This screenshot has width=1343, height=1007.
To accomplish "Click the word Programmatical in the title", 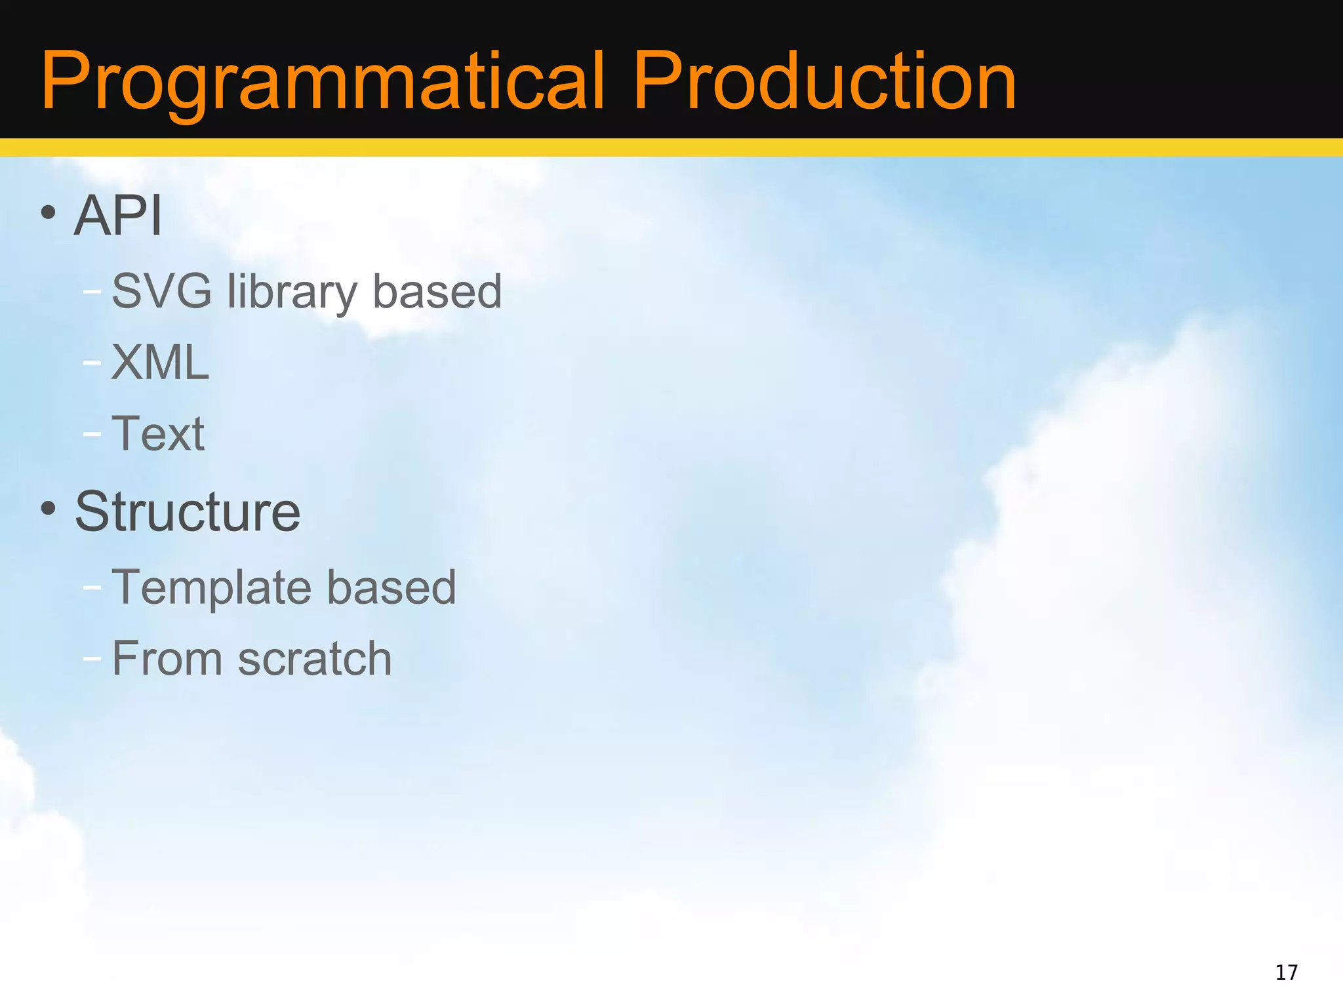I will pos(321,82).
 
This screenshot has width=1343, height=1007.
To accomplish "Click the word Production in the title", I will pos(824,82).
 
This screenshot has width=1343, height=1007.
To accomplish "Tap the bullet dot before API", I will pos(48,212).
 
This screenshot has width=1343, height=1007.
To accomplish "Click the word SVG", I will pos(161,290).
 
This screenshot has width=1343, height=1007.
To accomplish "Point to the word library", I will pos(291,292).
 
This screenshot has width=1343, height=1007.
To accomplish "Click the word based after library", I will pos(437,290).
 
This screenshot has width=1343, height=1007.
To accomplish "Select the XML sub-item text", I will pos(160,362).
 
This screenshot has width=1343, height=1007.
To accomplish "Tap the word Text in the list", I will pos(158,433).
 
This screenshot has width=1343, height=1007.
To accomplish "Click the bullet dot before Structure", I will pos(48,508).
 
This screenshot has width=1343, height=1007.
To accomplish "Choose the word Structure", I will pos(188,511).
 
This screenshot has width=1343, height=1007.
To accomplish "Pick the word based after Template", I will pos(391,586).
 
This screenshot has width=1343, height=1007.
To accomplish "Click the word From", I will pos(167,658).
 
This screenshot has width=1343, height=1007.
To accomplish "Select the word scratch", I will pos(315,658).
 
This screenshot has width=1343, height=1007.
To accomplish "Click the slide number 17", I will pos(1286,972).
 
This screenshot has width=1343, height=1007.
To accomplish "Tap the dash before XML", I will pos(92,362).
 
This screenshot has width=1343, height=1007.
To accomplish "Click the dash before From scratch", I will pos(92,658).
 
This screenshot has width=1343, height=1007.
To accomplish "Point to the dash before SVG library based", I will pos(92,290).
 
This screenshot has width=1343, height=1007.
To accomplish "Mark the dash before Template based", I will pos(92,587).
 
